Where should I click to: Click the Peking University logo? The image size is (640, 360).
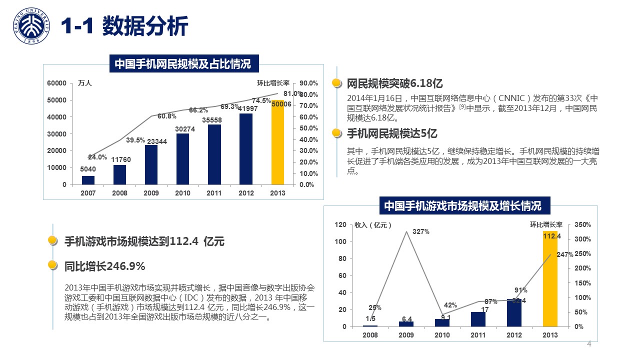coord(31,26)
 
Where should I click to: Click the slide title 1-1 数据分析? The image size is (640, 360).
coord(124,26)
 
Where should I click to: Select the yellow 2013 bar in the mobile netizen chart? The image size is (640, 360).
coord(278,142)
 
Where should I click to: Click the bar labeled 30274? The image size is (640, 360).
coord(182,159)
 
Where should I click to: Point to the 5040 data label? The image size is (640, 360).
coord(88,169)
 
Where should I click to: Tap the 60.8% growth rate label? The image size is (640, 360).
coord(167,116)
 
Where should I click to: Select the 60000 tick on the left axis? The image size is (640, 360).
coord(56,83)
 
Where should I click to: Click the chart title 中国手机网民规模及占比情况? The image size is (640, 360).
coord(182,64)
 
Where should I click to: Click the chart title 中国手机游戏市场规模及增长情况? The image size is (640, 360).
coord(462,206)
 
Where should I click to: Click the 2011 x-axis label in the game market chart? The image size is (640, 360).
coord(478,335)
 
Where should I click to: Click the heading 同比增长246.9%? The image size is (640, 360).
coord(105,266)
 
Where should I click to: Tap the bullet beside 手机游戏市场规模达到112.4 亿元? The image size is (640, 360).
coord(52,241)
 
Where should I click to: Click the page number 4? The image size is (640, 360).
coord(589,344)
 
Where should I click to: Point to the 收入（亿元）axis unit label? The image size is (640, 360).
coord(373,225)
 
